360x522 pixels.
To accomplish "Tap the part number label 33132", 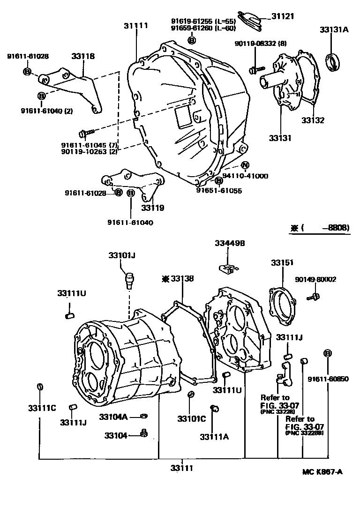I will pos(313,120).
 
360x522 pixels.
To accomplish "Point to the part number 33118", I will pos(83,56).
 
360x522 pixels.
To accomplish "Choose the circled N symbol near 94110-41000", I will pos(245,165).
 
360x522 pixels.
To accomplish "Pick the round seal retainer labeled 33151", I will pos(282,305).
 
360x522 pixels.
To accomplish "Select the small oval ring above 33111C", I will pos(40,387).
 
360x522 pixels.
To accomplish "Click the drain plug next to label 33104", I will pos(144,434).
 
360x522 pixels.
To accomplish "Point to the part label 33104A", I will pos(113,416).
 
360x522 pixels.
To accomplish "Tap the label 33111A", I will pos(214,437).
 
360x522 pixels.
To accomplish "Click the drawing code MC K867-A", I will pos(322,471).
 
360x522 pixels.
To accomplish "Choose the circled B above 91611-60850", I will pos(328,353).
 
